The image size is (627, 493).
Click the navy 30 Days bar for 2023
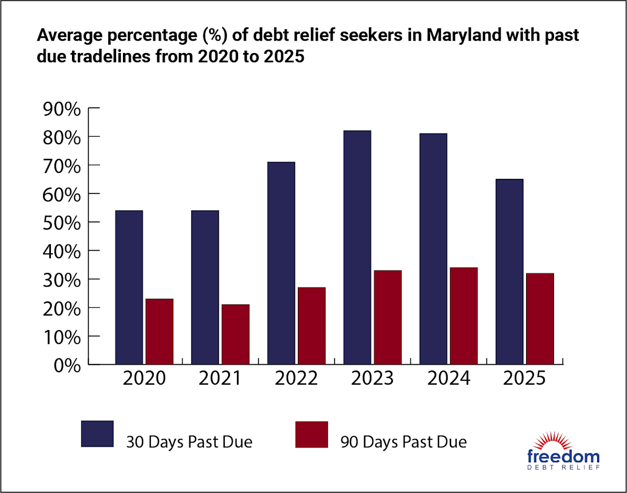(357, 247)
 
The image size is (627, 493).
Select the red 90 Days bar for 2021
(235, 334)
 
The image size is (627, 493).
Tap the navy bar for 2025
(509, 271)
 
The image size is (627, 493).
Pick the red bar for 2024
(463, 316)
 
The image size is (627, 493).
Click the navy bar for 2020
(129, 287)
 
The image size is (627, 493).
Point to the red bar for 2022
(311, 326)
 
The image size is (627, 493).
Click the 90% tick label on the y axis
(62, 109)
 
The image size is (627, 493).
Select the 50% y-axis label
(62, 223)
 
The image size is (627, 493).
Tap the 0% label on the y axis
(68, 366)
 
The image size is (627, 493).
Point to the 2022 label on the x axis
(296, 379)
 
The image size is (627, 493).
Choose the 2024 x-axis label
(448, 379)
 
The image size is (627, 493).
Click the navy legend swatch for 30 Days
(97, 434)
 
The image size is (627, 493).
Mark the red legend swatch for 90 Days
(312, 434)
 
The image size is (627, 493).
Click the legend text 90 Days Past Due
(404, 442)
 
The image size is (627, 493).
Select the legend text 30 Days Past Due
(189, 442)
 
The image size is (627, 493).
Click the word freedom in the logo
(563, 457)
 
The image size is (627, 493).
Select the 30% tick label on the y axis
(62, 280)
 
